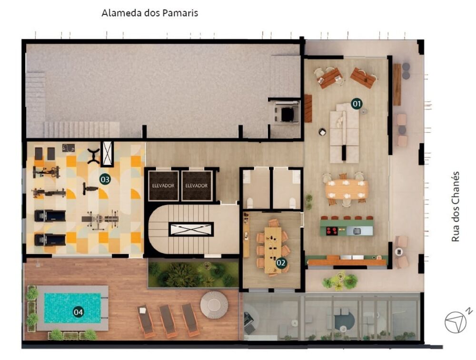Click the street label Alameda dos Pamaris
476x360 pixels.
[149, 13]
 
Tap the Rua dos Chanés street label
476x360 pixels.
[456, 206]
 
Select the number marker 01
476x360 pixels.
[356, 103]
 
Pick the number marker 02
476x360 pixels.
[281, 262]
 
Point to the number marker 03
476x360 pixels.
[105, 179]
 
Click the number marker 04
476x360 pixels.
[78, 312]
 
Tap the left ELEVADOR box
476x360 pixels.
[163, 185]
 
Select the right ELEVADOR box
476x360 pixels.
[197, 185]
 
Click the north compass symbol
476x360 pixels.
[456, 322]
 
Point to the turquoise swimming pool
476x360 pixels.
[72, 308]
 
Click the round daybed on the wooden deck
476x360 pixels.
[214, 304]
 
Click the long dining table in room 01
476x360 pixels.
[347, 189]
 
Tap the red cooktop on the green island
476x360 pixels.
[331, 231]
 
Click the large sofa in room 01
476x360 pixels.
[344, 129]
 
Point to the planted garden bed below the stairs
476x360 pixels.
[193, 274]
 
